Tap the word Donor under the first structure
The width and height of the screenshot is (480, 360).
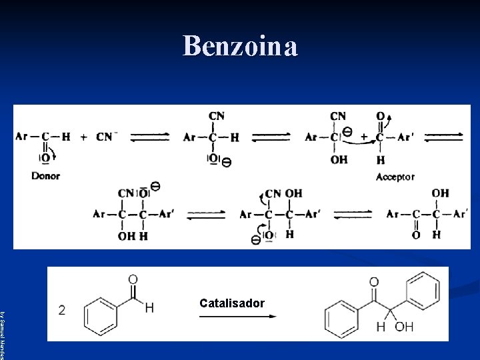click(x=45, y=176)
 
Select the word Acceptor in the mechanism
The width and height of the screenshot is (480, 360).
click(x=395, y=177)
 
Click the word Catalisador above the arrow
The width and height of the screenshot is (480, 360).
click(x=232, y=303)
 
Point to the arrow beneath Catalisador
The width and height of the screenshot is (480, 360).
click(x=237, y=317)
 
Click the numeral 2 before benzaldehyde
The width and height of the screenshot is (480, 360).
click(x=62, y=310)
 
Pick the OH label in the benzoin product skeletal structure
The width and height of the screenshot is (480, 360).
click(x=404, y=327)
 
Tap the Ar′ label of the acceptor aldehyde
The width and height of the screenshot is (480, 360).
click(x=405, y=137)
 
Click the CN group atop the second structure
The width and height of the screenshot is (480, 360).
click(x=217, y=116)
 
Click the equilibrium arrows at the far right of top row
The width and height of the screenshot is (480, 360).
click(x=445, y=137)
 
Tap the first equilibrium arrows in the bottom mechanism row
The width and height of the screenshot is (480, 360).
click(x=206, y=215)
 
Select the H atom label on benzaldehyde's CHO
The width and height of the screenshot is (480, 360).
click(x=149, y=308)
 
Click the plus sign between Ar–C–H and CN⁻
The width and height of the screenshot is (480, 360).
click(x=84, y=137)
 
